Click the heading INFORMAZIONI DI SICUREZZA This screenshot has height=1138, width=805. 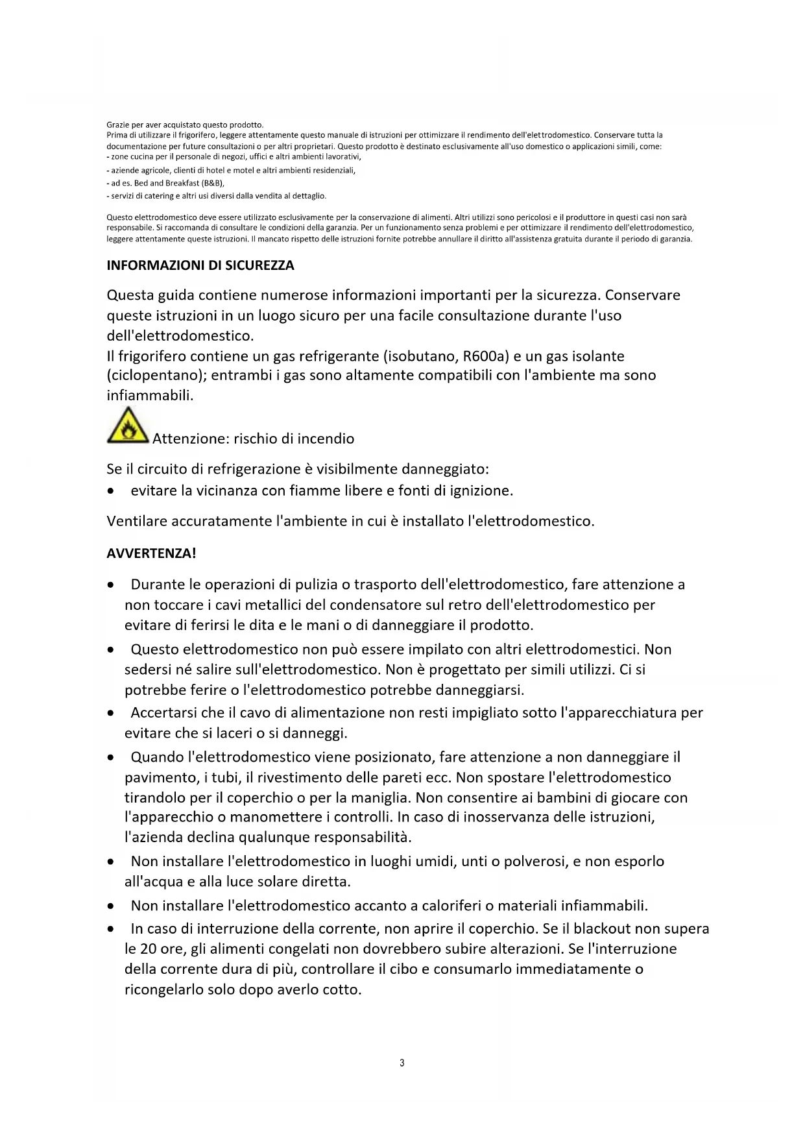click(200, 265)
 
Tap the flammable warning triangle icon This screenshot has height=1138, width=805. click(128, 426)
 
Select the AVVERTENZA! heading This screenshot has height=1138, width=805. click(151, 553)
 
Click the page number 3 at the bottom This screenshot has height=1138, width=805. click(402, 1063)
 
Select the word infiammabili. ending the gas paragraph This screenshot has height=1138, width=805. click(150, 395)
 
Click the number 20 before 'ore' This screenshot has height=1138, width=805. click(149, 949)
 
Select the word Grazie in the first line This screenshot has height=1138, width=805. click(118, 125)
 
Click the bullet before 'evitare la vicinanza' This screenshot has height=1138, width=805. click(113, 491)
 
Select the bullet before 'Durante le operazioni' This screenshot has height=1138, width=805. click(113, 585)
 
